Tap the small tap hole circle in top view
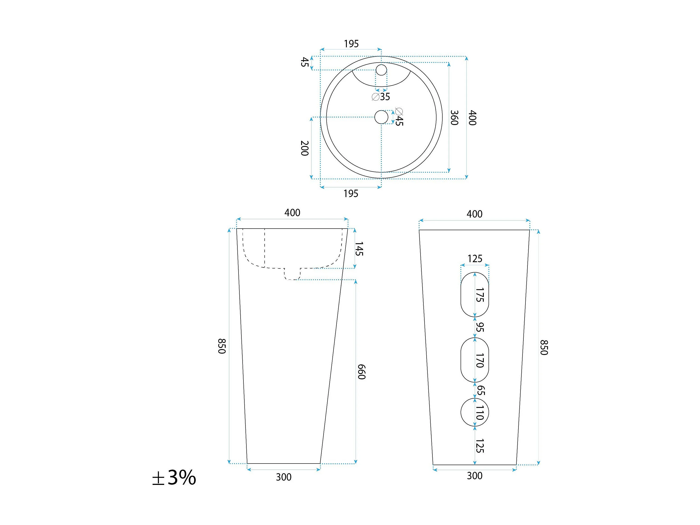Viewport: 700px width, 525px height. coord(381,70)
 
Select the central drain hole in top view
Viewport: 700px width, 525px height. coord(381,117)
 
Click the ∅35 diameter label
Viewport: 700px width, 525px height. coord(381,97)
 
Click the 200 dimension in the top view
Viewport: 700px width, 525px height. coord(305,148)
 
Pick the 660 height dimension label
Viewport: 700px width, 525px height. coord(361,372)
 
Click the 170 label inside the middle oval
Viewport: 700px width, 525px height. coord(480,360)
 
